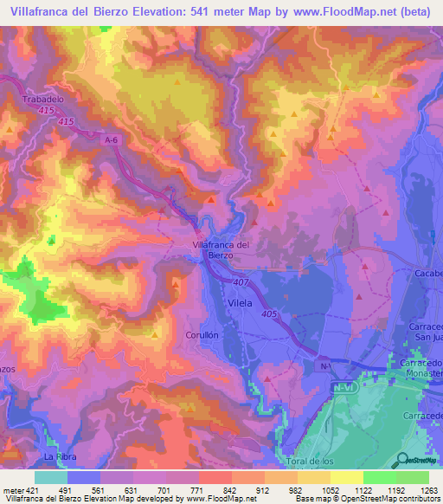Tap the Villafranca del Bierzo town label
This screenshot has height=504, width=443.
click(x=219, y=249)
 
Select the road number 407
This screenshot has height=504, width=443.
click(x=241, y=281)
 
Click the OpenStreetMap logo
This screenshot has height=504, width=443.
click(x=419, y=459)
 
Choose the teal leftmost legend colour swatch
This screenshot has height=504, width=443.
click(x=51, y=477)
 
